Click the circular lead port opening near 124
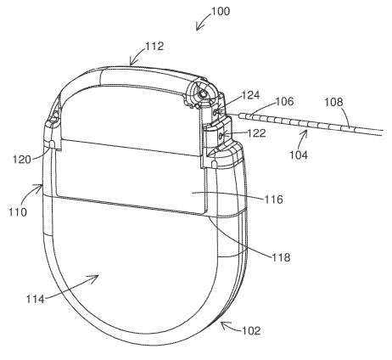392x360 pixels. click(x=204, y=97)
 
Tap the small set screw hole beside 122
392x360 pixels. click(x=222, y=132)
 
